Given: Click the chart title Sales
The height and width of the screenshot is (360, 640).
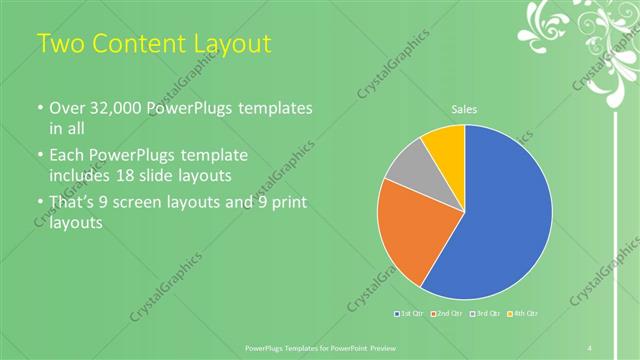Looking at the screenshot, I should (464, 109).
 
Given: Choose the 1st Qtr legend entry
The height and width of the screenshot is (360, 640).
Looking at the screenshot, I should (410, 314).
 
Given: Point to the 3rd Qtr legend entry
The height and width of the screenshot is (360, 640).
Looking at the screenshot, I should (487, 314).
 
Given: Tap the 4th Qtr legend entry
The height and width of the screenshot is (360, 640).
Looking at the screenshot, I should (524, 314).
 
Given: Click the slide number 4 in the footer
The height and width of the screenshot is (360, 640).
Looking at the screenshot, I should (590, 347).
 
